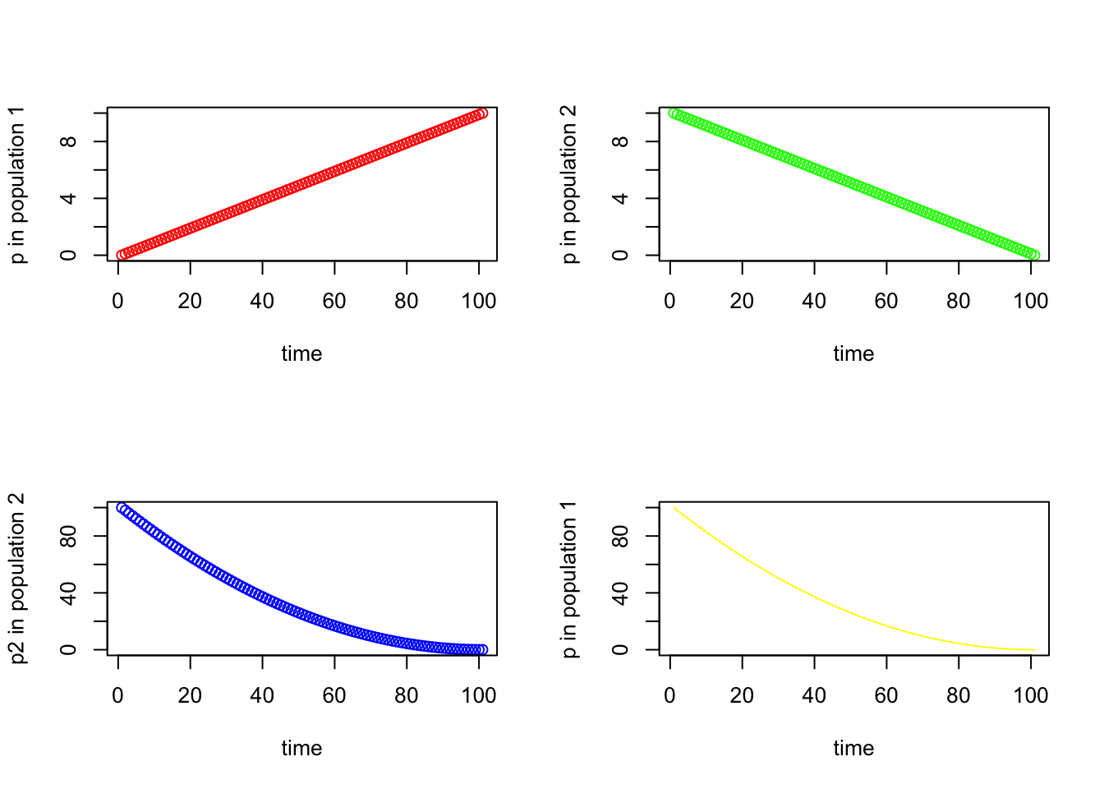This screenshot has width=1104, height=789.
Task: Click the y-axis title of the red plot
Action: click(18, 185)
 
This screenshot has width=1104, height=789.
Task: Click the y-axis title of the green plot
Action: click(570, 185)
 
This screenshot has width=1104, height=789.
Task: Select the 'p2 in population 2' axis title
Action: click(18, 579)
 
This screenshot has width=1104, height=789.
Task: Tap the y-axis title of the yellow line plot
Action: click(570, 579)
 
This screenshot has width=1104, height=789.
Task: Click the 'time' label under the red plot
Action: click(301, 354)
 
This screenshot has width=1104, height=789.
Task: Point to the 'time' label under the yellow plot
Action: click(853, 749)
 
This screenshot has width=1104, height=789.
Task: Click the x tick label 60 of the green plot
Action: click(886, 302)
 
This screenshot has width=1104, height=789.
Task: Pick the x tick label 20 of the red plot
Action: click(190, 302)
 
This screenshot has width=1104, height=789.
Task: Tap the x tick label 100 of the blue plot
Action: click(479, 696)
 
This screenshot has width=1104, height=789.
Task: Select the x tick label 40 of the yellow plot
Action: click(814, 696)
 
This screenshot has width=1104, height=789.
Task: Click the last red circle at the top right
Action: click(482, 113)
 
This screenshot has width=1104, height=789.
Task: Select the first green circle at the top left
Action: click(674, 113)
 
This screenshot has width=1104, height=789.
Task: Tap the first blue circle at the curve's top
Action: click(122, 508)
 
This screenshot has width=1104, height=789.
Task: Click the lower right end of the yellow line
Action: click(1034, 649)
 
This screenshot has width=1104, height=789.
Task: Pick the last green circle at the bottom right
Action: click(1034, 255)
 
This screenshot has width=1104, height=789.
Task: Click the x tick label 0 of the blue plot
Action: click(118, 696)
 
